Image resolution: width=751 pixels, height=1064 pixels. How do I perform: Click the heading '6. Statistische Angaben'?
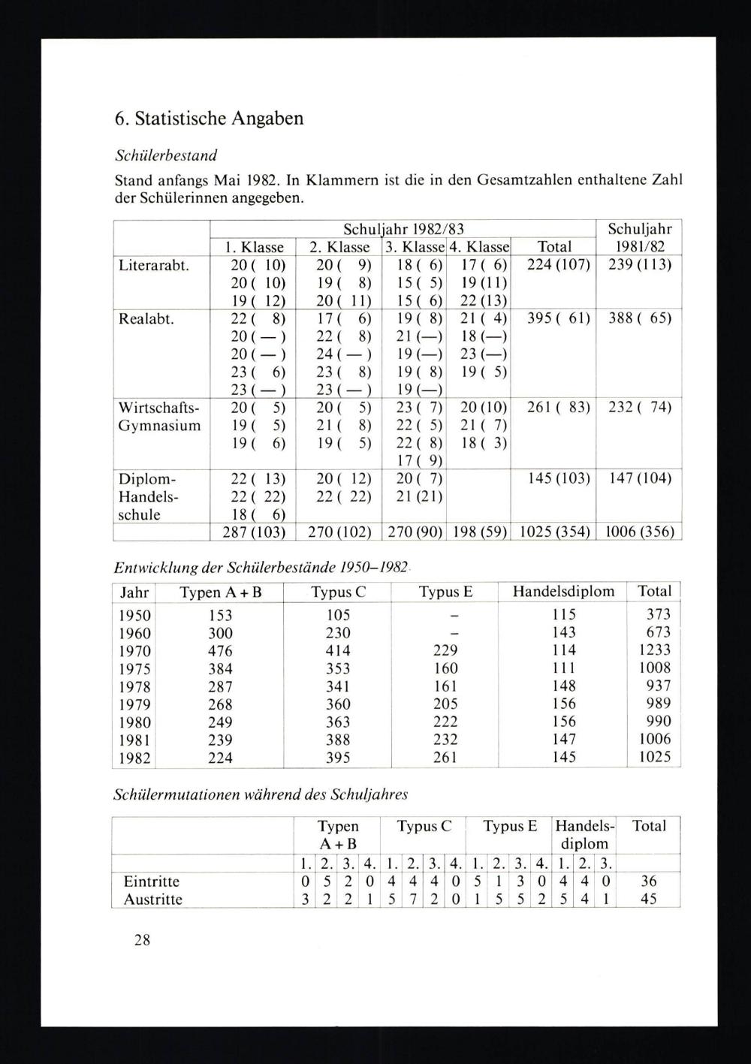point(209,119)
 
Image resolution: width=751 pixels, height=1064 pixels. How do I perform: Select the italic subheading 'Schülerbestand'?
point(166,156)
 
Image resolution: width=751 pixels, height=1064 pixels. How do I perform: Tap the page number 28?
point(142,939)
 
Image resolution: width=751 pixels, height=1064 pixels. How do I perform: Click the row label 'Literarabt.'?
point(154,265)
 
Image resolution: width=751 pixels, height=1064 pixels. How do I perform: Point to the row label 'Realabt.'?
point(146,318)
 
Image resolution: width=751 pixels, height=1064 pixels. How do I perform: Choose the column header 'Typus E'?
point(445,592)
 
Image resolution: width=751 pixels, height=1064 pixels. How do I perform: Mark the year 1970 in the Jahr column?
point(135,651)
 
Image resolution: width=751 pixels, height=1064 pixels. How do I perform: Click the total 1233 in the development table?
point(654,650)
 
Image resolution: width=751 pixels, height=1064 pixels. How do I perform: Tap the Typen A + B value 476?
point(220,651)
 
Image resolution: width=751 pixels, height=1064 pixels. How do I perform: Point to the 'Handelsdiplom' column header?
point(563,592)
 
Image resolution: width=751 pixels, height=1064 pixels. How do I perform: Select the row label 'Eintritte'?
point(152,882)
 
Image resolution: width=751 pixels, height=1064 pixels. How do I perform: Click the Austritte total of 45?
point(649,900)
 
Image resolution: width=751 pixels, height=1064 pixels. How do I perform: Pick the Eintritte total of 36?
point(649,882)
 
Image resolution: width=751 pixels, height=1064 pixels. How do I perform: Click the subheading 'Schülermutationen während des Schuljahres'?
point(261,794)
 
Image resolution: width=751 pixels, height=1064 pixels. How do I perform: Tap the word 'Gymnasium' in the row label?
point(160,426)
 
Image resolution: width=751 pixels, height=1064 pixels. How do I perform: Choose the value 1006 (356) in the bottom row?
point(639,532)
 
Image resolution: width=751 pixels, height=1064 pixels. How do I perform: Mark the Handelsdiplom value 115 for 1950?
point(563,615)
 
